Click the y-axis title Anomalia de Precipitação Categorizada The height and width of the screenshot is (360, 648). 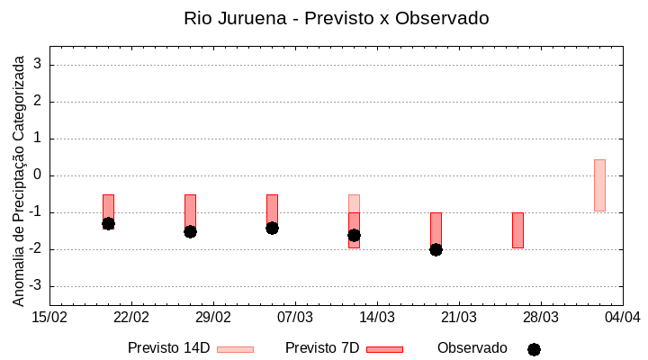(x=18, y=176)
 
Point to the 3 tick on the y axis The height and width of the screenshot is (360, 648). (x=39, y=65)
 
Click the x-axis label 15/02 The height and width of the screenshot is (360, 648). (x=50, y=318)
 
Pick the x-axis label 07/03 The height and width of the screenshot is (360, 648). (x=295, y=318)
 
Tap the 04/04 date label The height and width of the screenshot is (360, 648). (x=622, y=318)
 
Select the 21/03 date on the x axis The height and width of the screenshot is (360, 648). (x=459, y=318)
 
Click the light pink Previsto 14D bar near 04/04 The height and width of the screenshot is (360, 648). (x=599, y=185)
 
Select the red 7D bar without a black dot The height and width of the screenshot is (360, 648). (x=517, y=230)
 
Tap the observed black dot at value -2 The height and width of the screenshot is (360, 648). (x=436, y=249)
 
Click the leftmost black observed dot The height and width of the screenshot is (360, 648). (x=108, y=223)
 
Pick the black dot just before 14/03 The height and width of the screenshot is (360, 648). (x=354, y=235)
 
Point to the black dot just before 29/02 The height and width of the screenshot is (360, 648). (x=190, y=231)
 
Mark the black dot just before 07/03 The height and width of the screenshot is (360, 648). (x=272, y=228)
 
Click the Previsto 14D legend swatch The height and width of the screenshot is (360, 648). (x=235, y=349)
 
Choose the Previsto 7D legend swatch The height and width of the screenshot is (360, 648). (x=384, y=349)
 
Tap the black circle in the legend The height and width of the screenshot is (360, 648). (x=534, y=349)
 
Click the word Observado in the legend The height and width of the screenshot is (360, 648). (x=472, y=348)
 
